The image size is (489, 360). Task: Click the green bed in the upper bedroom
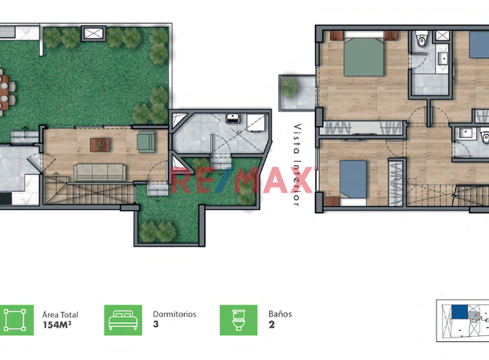(364, 54)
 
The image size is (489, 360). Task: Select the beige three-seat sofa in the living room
(100, 172)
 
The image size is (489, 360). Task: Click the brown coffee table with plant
(100, 145)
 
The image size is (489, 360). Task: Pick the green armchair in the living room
(146, 142)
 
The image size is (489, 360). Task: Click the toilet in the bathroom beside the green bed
(421, 39)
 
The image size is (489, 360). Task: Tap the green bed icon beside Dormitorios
(123, 320)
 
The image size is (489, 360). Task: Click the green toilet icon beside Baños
(238, 320)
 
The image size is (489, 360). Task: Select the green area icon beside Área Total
(15, 320)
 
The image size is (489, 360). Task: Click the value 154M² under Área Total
(57, 325)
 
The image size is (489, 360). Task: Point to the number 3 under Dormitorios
(155, 325)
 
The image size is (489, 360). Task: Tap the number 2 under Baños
(271, 325)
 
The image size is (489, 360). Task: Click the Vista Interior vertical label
(297, 165)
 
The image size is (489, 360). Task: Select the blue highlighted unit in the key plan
(459, 312)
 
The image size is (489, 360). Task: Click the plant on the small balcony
(289, 87)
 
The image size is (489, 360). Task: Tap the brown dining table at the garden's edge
(4, 93)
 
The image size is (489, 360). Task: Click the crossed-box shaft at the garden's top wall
(94, 34)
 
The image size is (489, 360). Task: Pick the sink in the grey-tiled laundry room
(232, 118)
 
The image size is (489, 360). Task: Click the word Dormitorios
(174, 314)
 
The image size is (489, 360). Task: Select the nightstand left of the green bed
(337, 35)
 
